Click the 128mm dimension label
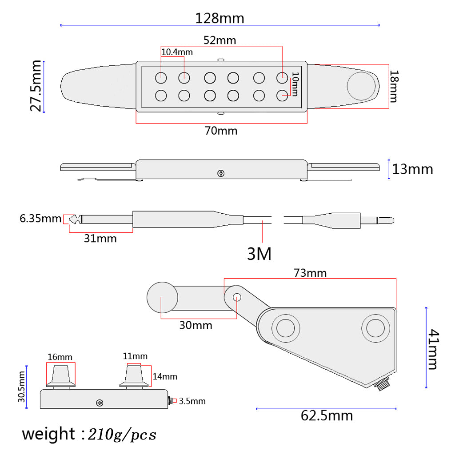(220, 18)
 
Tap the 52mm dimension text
(220, 40)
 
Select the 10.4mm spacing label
(177, 52)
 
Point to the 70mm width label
(221, 131)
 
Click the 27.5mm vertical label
(36, 86)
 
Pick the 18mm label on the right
(394, 86)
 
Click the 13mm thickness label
(412, 169)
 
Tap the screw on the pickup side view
(221, 174)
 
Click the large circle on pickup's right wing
(361, 86)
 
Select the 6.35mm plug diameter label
(40, 219)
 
